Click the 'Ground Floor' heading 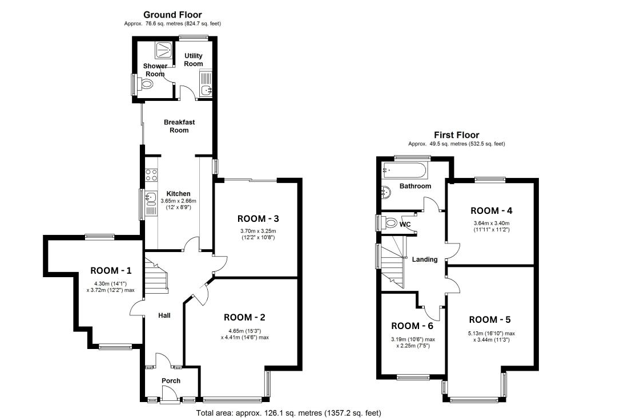[x=172, y=15]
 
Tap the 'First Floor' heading [x=457, y=135]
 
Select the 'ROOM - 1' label [x=111, y=270]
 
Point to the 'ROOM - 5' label [x=490, y=319]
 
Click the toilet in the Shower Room [x=146, y=84]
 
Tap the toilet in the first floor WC [x=390, y=222]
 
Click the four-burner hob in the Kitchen [x=151, y=175]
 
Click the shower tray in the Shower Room [x=163, y=50]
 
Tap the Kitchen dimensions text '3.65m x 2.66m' [x=178, y=201]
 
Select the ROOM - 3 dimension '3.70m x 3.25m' [x=258, y=231]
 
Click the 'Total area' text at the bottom [x=288, y=413]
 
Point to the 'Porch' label [x=171, y=381]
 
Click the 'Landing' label [x=425, y=259]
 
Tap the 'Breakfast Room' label [x=179, y=126]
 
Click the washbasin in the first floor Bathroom [x=385, y=192]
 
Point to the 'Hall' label [x=164, y=315]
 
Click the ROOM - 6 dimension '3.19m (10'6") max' [x=413, y=339]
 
